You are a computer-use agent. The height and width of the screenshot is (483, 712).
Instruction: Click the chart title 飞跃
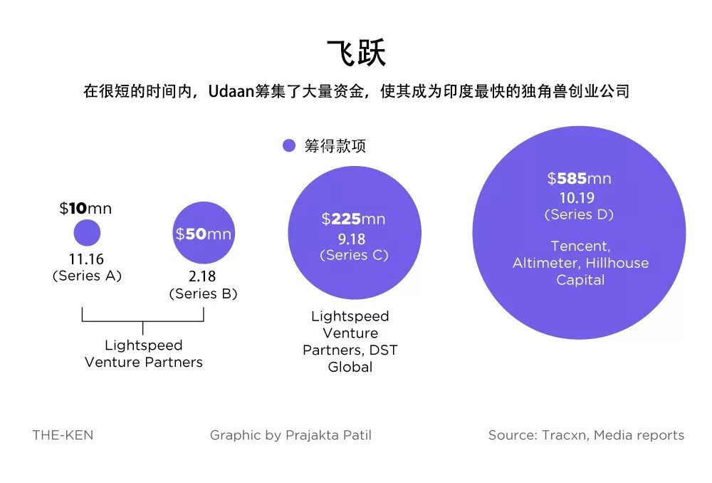pyautogui.click(x=356, y=53)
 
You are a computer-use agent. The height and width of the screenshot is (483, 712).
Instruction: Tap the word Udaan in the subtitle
pyautogui.click(x=232, y=92)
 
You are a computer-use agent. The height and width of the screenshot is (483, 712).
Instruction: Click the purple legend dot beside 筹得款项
pyautogui.click(x=288, y=146)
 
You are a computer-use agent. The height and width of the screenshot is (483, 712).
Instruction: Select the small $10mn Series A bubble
pyautogui.click(x=87, y=233)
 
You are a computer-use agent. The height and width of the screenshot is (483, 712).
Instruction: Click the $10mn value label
pyautogui.click(x=85, y=209)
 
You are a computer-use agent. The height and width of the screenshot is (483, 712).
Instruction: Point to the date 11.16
pyautogui.click(x=87, y=259)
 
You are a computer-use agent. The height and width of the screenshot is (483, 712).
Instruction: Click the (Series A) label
pyautogui.click(x=87, y=276)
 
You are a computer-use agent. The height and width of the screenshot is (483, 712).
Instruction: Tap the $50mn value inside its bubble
pyautogui.click(x=204, y=234)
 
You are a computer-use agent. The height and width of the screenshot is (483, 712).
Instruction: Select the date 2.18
pyautogui.click(x=203, y=277)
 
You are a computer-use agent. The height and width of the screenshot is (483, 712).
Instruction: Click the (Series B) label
pyautogui.click(x=203, y=294)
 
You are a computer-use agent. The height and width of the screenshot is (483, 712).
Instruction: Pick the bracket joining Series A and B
pyautogui.click(x=143, y=321)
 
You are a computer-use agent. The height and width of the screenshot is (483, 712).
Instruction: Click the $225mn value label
pyautogui.click(x=354, y=219)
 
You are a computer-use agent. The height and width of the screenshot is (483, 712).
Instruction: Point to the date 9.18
pyautogui.click(x=354, y=239)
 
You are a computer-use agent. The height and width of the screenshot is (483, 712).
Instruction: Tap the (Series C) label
pyautogui.click(x=354, y=255)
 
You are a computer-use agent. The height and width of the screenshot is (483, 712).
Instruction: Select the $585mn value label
pyautogui.click(x=579, y=179)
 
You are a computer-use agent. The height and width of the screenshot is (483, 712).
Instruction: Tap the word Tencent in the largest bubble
pyautogui.click(x=580, y=246)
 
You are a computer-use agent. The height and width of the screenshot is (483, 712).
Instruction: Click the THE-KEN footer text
pyautogui.click(x=63, y=435)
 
